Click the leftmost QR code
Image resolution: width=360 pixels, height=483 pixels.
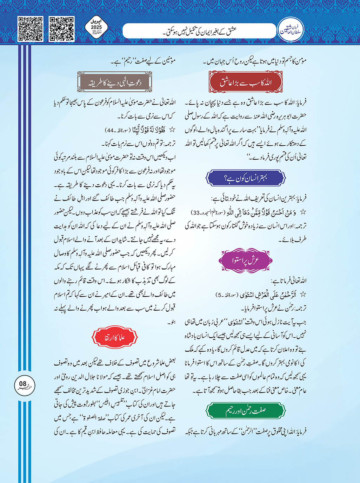[31, 29]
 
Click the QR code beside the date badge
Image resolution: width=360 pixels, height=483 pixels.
[61, 29]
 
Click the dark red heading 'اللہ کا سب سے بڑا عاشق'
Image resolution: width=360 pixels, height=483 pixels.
[246, 82]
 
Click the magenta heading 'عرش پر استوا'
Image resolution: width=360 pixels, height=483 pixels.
[246, 260]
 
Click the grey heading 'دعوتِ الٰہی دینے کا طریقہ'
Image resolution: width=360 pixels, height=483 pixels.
[115, 82]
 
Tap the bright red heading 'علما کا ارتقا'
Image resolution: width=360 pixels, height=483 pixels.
[115, 338]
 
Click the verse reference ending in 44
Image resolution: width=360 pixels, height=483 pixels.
[116, 130]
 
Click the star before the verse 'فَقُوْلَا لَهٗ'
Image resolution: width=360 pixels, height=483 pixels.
[172, 130]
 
